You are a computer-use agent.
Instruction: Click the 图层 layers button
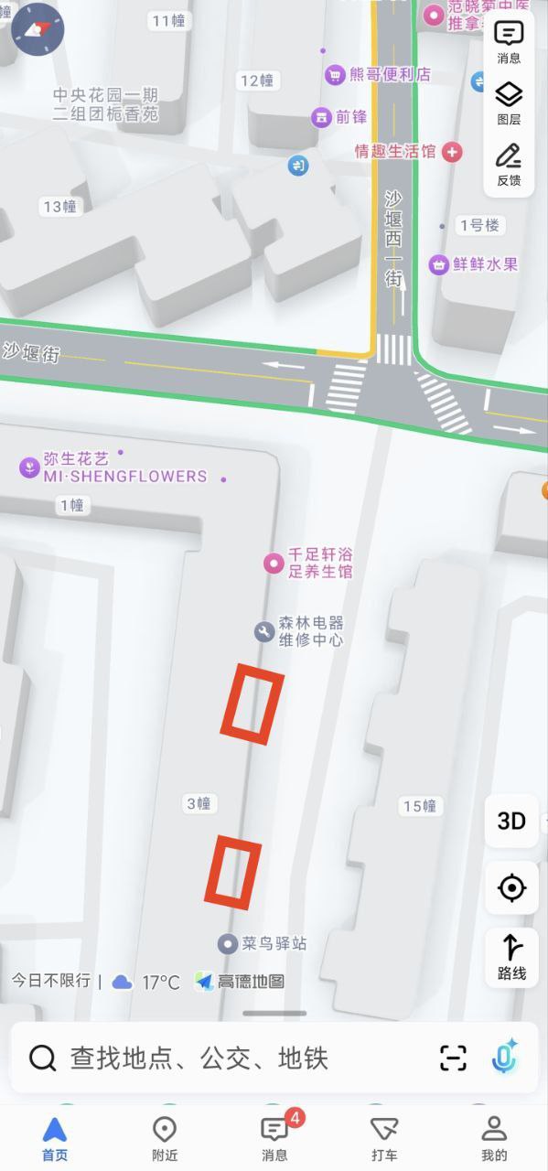[509, 102]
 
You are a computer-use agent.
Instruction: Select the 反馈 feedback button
[509, 164]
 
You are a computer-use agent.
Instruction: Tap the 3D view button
[511, 821]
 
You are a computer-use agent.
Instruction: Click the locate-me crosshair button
[511, 887]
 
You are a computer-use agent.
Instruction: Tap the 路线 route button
[511, 955]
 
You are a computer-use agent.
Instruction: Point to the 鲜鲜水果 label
[485, 264]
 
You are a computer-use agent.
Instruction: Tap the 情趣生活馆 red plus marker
[452, 152]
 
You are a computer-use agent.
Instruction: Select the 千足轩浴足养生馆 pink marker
[273, 563]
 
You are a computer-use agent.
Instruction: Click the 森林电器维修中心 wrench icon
[264, 631]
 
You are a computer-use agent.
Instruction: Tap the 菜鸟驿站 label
[274, 943]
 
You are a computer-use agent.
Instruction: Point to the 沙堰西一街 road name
[393, 240]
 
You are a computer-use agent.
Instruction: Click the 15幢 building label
[420, 806]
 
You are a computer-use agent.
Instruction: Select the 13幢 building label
[59, 207]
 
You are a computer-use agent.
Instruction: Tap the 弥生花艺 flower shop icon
[30, 467]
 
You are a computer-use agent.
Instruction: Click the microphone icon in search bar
[504, 1058]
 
